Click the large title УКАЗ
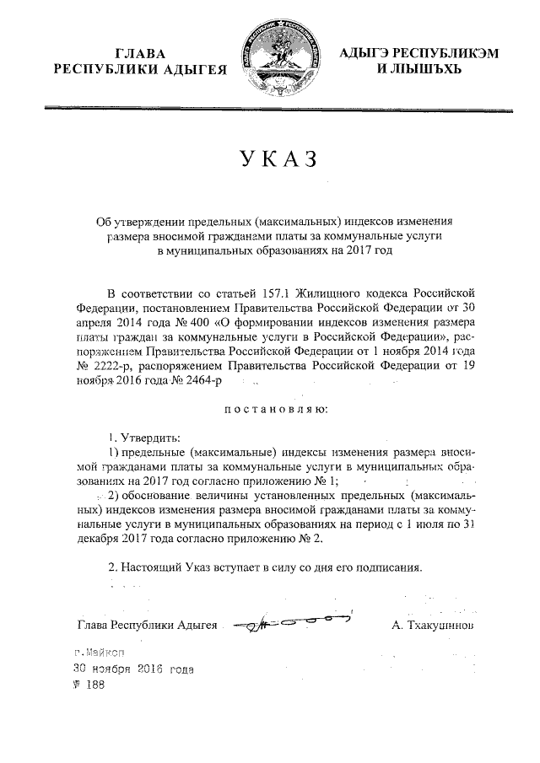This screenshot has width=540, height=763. (x=270, y=159)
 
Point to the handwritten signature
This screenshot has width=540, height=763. (x=291, y=623)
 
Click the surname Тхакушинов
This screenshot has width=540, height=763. (x=434, y=626)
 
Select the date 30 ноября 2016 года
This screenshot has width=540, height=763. (x=132, y=669)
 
